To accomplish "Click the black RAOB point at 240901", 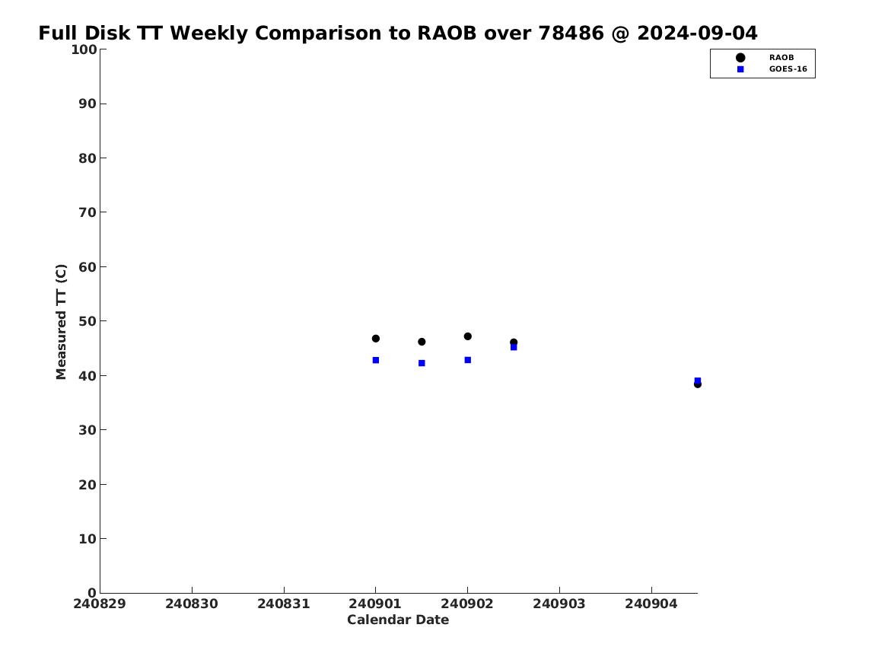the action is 375,339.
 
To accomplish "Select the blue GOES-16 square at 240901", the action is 375,360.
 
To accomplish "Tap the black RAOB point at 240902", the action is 468,336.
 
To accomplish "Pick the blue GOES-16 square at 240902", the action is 468,360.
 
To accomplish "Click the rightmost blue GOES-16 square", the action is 698,381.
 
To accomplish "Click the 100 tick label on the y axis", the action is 84,49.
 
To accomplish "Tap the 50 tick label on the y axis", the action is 88,321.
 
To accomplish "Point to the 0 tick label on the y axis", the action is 92,593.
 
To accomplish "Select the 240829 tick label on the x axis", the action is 100,604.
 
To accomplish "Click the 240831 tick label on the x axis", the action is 284,604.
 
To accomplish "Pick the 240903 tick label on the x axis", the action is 559,604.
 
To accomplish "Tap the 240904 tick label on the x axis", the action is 651,604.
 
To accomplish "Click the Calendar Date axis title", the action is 398,620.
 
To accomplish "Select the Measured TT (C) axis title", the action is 61,322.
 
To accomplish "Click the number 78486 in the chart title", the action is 571,33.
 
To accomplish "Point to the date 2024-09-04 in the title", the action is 697,33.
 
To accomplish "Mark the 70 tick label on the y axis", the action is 88,212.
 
